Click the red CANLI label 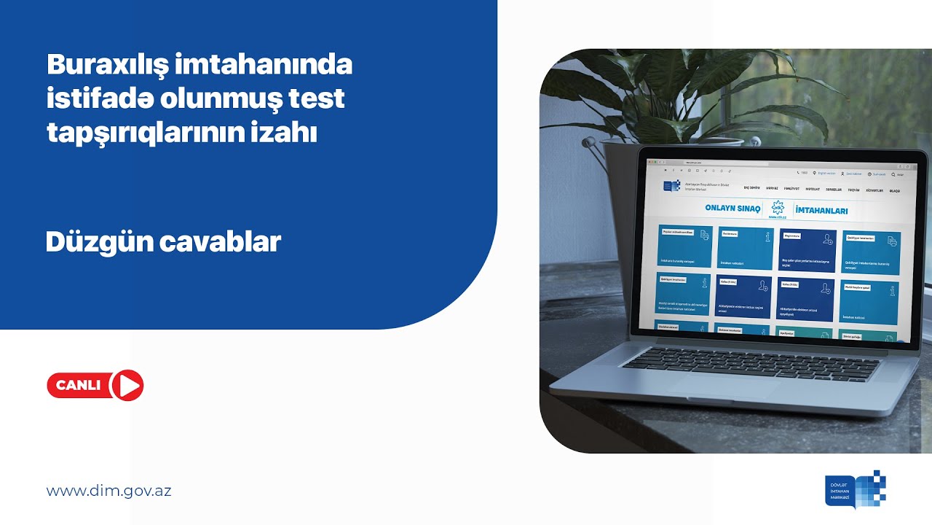coord(79,386)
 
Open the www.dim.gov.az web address coord(108,491)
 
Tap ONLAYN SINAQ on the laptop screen coord(732,209)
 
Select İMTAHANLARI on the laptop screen coord(821,211)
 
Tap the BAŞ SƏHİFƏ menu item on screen coord(751,188)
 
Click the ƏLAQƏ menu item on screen coord(894,191)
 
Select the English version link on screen coord(826,174)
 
